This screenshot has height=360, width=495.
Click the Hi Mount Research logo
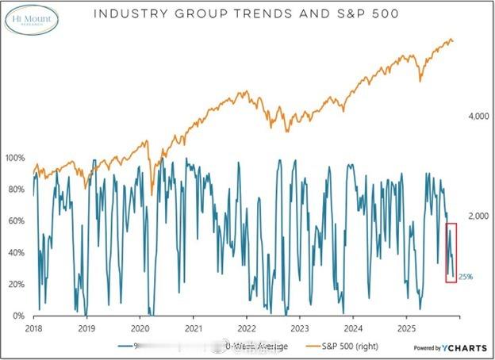(x=33, y=19)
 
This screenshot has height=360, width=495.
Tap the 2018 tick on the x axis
(x=33, y=327)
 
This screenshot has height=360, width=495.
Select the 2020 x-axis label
(x=140, y=327)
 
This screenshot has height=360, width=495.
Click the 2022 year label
(x=247, y=327)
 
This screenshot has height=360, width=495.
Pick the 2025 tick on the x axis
(x=406, y=327)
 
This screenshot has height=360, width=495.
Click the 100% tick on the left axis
(x=16, y=158)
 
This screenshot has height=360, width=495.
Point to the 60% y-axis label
(x=16, y=221)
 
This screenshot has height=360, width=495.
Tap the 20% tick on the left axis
(x=16, y=285)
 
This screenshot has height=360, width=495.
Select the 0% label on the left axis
(x=18, y=316)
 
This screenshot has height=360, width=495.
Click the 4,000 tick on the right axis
(x=476, y=117)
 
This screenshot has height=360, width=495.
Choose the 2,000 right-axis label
(x=476, y=216)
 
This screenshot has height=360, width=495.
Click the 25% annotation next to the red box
(x=466, y=277)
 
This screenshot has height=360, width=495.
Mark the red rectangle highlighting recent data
(x=451, y=253)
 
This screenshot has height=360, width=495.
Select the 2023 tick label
(x=300, y=327)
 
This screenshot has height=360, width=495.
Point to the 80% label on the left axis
(x=16, y=190)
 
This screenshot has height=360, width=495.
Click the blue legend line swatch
(x=125, y=347)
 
